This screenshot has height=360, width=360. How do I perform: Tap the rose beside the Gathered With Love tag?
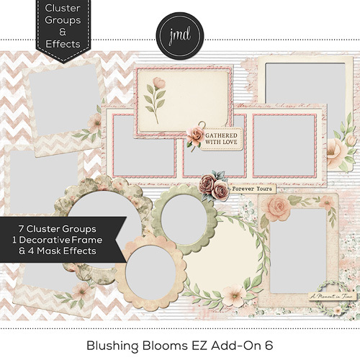click(x=196, y=135)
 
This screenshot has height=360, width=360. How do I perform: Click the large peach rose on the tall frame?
click(x=276, y=210)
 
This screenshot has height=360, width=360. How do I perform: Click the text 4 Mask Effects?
click(x=65, y=252)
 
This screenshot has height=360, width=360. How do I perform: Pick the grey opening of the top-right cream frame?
click(x=295, y=90)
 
